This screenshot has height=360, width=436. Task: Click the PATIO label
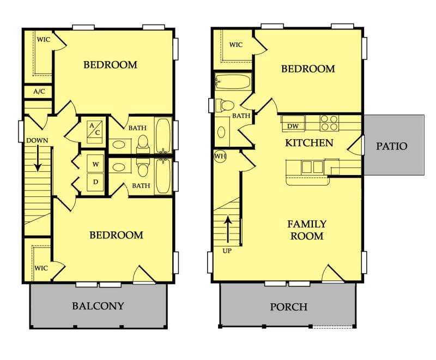[392, 146]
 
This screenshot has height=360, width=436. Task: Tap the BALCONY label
[98, 306]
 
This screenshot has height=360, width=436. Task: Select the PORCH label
[289, 307]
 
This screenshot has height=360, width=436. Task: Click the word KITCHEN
[309, 143]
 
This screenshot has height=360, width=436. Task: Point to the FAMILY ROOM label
[307, 230]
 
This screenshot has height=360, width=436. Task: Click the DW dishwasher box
[293, 127]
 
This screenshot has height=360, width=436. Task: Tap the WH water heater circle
[220, 156]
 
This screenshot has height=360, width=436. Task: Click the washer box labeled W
[95, 164]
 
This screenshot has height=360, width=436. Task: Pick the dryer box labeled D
[95, 182]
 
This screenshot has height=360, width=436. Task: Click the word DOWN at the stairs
[36, 140]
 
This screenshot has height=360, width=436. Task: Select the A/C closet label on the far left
[39, 92]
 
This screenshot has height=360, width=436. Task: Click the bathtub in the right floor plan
[233, 83]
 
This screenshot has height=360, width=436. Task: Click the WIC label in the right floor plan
[236, 45]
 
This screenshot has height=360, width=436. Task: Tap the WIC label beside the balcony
[41, 268]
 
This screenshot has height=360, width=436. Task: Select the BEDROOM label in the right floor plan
[308, 69]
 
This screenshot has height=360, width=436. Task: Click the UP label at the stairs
[227, 252]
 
